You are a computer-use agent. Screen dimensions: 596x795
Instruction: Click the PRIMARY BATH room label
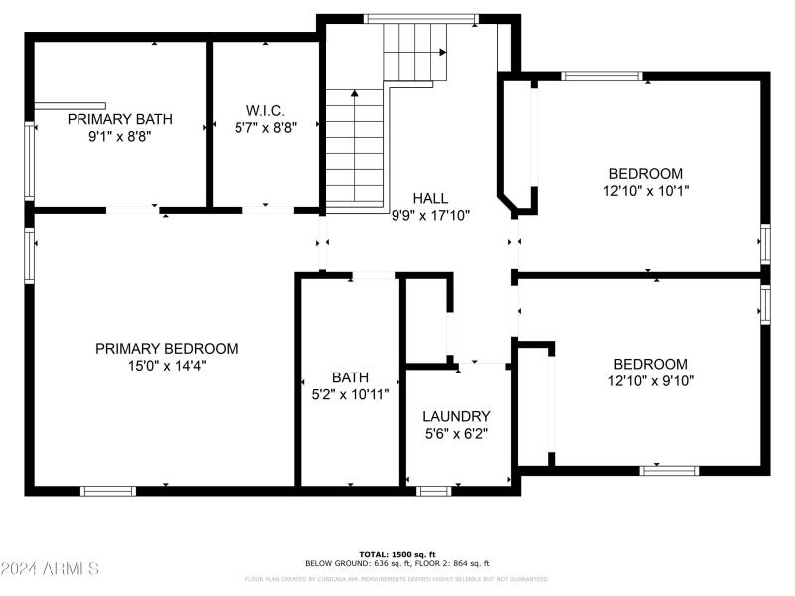click(119, 119)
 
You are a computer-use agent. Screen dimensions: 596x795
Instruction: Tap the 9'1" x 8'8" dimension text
click(119, 136)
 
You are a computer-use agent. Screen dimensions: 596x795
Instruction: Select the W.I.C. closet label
click(265, 110)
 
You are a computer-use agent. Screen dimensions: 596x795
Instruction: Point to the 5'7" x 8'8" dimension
click(265, 128)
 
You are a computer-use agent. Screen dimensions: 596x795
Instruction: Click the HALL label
click(430, 198)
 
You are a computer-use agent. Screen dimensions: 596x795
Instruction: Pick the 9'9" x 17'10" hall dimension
click(430, 215)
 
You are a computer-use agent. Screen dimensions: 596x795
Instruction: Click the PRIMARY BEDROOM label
click(166, 349)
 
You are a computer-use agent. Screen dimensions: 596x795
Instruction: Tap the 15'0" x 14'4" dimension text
click(166, 366)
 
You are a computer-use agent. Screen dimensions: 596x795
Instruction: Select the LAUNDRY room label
click(456, 416)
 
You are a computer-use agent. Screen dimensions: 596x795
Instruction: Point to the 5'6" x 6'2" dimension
click(456, 433)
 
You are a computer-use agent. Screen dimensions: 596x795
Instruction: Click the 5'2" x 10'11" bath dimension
click(350, 394)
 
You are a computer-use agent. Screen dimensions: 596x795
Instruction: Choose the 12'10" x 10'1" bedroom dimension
click(646, 190)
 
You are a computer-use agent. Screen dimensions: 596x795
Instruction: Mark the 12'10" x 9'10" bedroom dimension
click(650, 380)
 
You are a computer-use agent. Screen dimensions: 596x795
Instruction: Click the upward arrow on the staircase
click(355, 97)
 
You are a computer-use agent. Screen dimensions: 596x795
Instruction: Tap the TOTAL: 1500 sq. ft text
click(424, 553)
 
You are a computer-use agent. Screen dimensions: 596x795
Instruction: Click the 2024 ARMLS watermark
click(50, 569)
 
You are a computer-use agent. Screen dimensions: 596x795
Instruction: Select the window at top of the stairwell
click(420, 18)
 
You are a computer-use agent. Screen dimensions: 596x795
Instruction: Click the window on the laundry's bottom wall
click(433, 490)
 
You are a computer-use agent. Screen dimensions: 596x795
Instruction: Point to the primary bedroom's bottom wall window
click(108, 490)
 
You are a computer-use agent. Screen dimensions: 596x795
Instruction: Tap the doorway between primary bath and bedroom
click(132, 210)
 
